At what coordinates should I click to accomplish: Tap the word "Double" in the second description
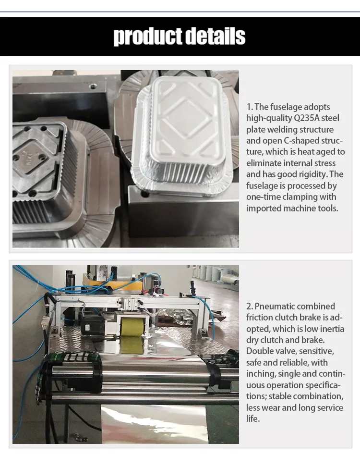pos(260,351)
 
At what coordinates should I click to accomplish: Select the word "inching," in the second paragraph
pos(262,374)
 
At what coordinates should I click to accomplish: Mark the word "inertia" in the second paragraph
pos(331,329)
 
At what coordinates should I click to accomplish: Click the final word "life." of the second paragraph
pos(253,418)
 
